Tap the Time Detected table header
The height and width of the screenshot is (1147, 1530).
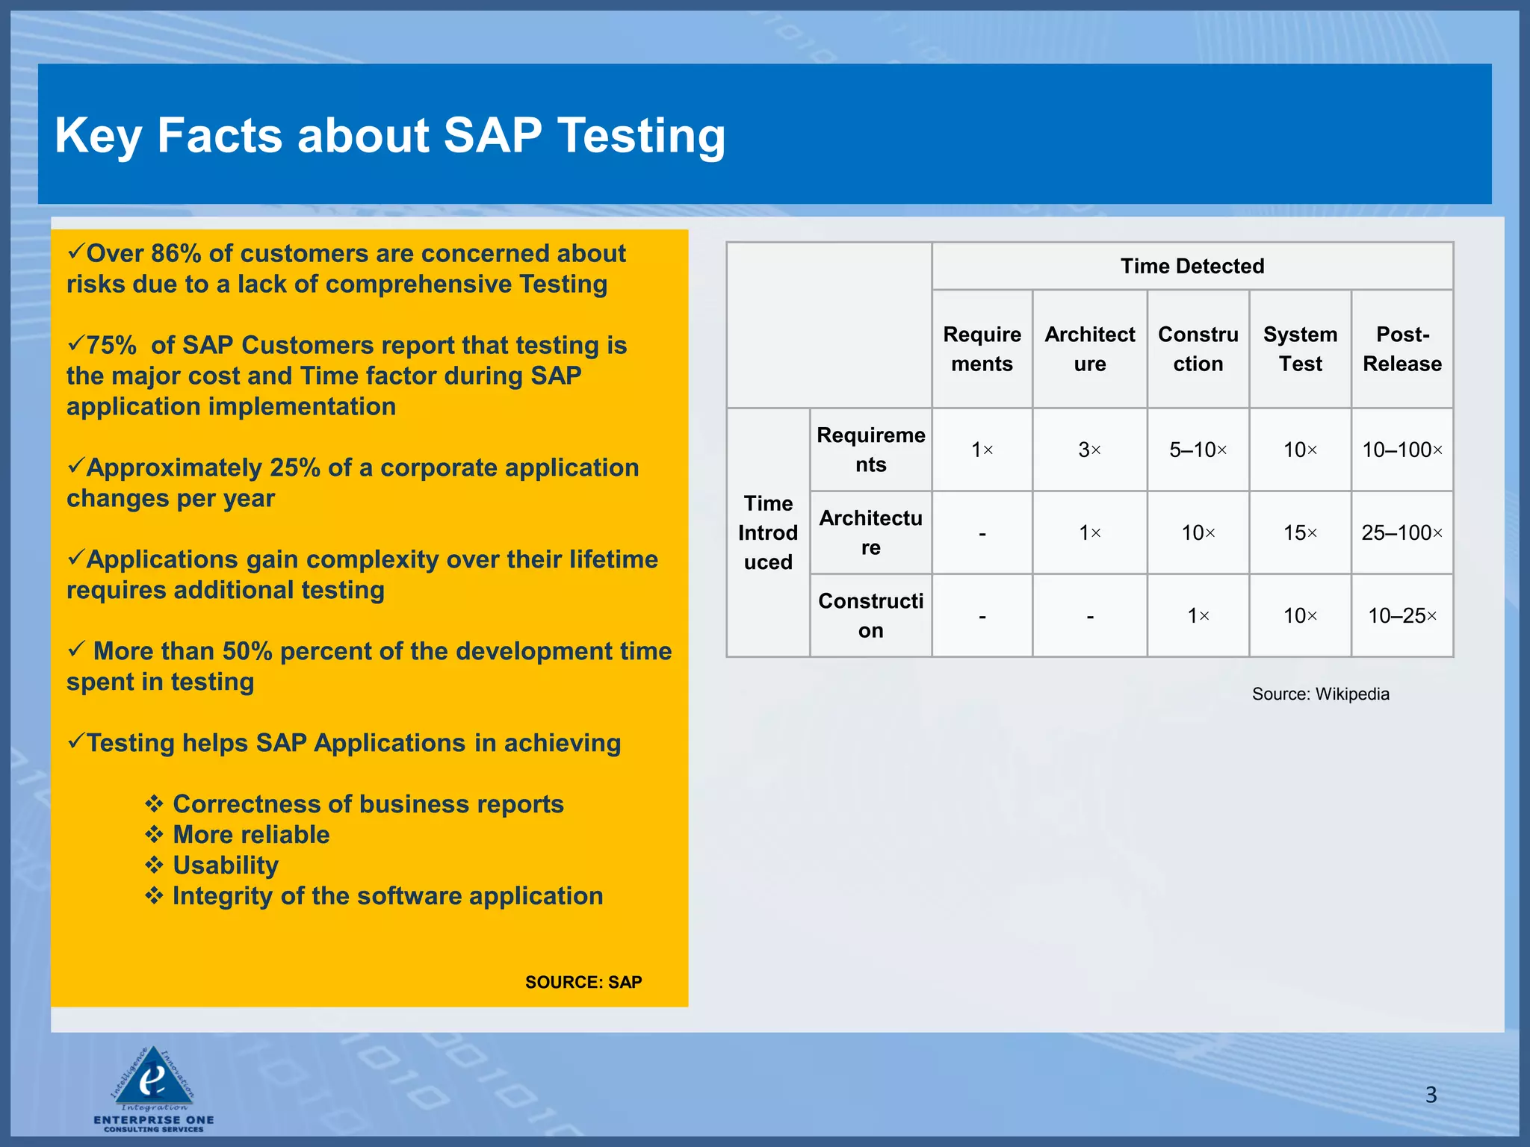1192,266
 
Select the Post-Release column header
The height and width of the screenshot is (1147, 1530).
1402,349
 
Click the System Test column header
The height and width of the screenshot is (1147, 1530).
1300,349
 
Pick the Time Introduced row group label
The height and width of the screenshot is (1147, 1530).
768,532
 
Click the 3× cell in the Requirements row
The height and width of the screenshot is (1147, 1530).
1089,450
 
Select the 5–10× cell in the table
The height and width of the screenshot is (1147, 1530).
1198,450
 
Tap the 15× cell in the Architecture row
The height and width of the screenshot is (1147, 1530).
1300,532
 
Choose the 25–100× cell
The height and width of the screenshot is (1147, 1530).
1402,532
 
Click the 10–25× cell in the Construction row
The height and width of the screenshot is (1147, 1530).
1402,615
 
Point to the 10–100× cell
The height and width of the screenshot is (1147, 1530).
1402,450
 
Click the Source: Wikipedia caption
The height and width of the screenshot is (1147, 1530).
1320,694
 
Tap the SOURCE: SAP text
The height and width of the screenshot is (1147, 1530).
583,982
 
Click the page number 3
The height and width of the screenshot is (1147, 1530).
1431,1095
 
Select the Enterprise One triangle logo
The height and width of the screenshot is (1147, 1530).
153,1078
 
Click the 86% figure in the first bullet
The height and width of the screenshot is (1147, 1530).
176,253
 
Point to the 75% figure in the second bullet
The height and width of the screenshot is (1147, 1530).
111,345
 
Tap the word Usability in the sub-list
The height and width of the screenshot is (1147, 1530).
225,865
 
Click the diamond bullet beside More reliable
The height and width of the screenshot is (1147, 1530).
154,834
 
